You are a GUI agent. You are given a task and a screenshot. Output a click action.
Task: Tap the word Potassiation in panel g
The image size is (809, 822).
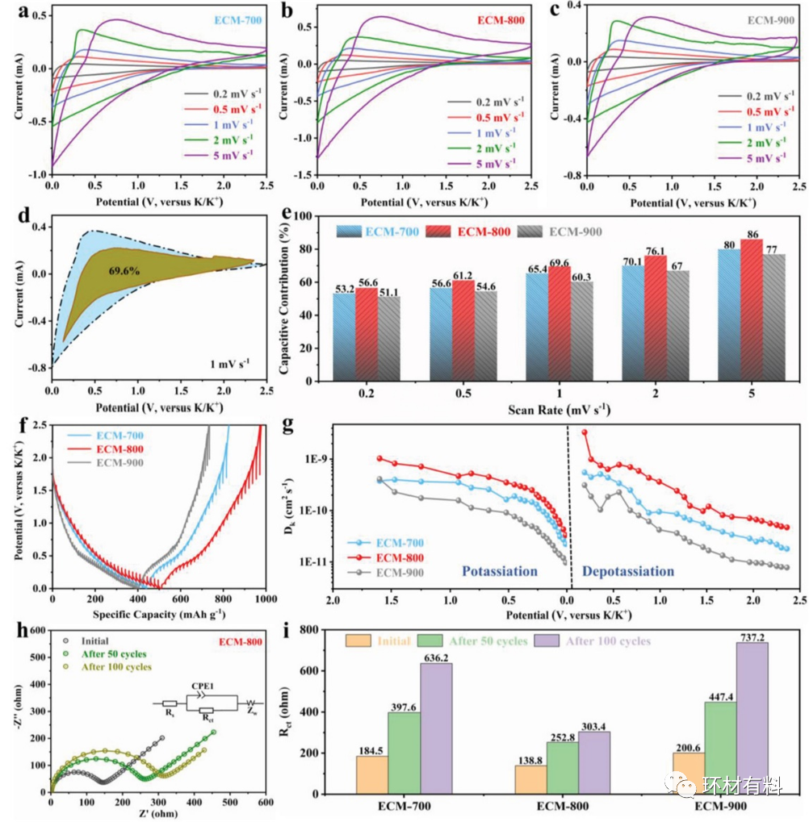(x=499, y=571)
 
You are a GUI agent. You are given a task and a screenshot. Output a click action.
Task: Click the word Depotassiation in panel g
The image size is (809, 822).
(x=628, y=571)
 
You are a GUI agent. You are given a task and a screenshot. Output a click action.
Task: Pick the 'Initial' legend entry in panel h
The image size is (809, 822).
(x=93, y=640)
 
